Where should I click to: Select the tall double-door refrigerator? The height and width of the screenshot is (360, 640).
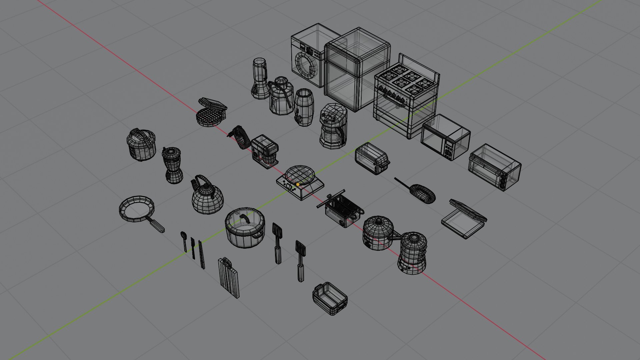[357, 70]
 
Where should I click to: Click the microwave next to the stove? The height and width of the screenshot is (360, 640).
[445, 137]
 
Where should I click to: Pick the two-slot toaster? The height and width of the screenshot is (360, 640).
[372, 158]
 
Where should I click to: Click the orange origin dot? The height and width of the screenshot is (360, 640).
[298, 184]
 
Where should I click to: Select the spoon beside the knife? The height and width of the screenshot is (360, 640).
[184, 240]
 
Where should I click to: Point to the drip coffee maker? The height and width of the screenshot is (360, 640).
[332, 126]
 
